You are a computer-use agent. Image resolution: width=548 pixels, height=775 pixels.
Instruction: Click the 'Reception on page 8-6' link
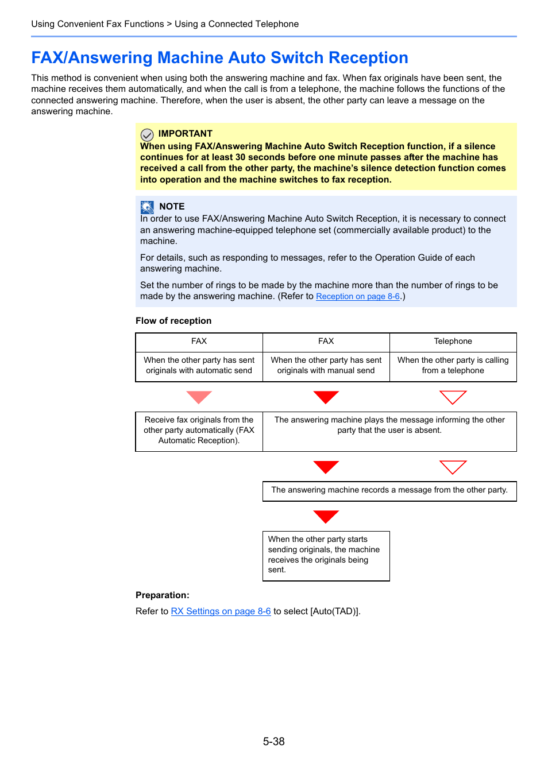click(357, 296)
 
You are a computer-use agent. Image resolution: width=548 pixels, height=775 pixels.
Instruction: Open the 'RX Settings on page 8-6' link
click(221, 611)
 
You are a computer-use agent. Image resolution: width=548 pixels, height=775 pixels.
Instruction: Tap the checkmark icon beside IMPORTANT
click(147, 134)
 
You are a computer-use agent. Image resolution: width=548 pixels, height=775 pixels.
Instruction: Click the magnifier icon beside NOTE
click(147, 207)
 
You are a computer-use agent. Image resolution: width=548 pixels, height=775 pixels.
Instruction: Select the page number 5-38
click(274, 742)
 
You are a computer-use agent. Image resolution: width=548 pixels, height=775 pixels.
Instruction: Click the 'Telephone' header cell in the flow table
click(453, 342)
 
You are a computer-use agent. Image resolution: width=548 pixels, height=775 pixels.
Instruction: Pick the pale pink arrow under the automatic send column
click(199, 397)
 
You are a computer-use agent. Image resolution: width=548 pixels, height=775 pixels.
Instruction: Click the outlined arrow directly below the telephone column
click(453, 397)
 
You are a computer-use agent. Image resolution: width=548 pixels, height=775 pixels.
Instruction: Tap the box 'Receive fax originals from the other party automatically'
click(199, 431)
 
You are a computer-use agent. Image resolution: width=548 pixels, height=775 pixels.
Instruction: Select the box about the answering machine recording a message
click(389, 490)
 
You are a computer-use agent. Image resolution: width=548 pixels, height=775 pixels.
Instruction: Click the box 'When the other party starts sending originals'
click(326, 555)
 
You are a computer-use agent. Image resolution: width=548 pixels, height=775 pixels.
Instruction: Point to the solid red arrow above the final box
click(326, 516)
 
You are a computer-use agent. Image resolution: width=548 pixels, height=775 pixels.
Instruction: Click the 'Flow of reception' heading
click(173, 321)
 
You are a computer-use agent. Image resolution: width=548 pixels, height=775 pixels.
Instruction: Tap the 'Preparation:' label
click(162, 595)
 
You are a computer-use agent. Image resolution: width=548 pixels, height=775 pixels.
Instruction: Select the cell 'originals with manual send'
click(326, 366)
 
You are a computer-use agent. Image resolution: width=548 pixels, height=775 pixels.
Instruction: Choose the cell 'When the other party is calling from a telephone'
click(453, 366)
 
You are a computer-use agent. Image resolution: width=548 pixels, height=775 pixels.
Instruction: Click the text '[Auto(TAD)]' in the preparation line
click(335, 611)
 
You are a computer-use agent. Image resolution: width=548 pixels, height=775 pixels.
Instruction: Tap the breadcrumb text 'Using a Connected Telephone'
click(237, 24)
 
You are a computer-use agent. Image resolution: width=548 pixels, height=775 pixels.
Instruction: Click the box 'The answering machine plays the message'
click(389, 425)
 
